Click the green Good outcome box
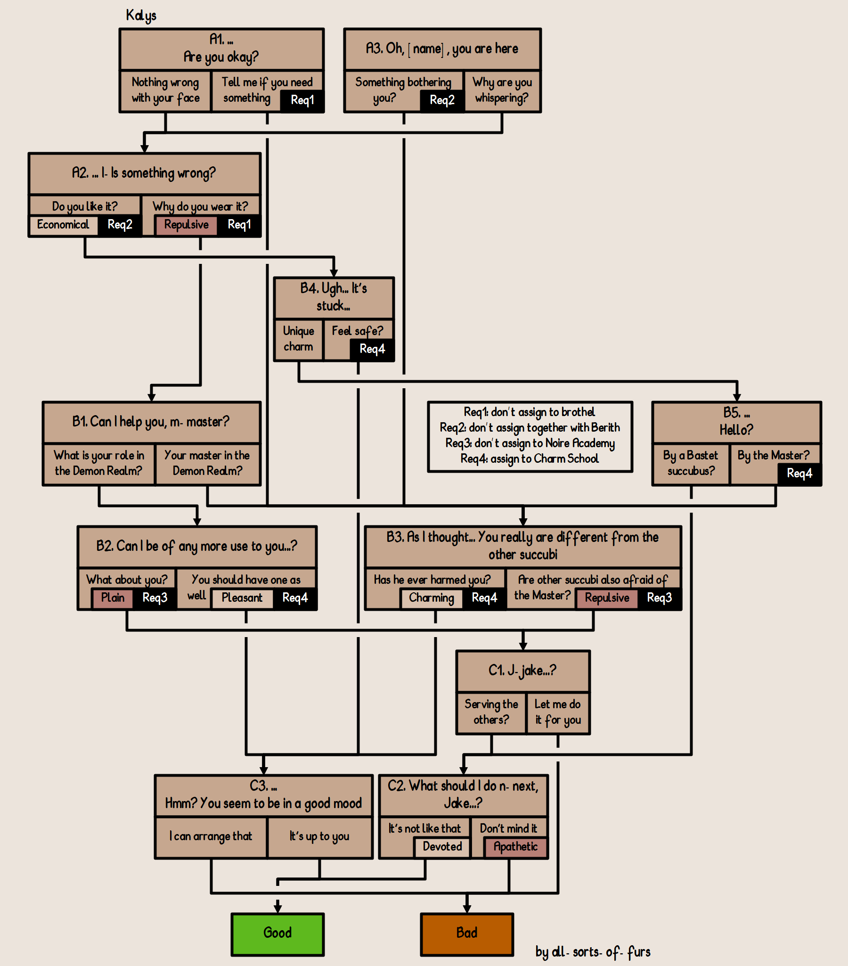(277, 934)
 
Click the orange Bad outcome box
(467, 934)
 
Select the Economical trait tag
(63, 224)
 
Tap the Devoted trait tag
(442, 846)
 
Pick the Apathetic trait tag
(515, 846)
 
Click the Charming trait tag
(432, 598)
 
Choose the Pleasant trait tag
(242, 598)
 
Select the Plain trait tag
(113, 598)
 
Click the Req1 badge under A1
(302, 100)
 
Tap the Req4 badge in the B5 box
(799, 474)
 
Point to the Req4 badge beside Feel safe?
(372, 349)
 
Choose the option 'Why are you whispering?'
(502, 90)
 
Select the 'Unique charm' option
(299, 339)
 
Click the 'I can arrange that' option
(211, 836)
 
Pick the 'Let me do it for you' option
(558, 712)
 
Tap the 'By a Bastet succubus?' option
(691, 463)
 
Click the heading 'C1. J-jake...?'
(522, 670)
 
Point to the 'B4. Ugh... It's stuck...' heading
(334, 297)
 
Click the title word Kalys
(141, 16)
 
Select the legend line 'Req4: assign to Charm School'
(530, 459)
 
